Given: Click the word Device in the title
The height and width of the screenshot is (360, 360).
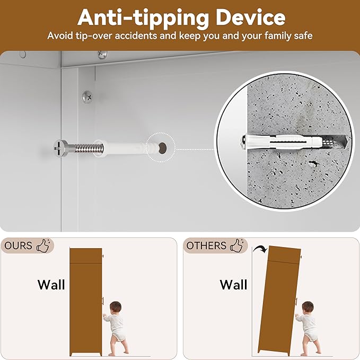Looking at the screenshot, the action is [250, 17].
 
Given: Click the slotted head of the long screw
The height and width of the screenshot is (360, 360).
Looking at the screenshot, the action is [61, 148].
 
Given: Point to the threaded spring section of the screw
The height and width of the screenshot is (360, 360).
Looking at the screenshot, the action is [88, 148].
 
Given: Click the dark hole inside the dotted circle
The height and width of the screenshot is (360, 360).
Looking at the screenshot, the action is [162, 147].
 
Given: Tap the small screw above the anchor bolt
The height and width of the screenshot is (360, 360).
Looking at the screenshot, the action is [87, 96].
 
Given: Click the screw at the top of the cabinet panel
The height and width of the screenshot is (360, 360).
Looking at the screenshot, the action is [102, 55].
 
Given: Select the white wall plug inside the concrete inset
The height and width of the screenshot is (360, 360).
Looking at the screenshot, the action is [284, 142].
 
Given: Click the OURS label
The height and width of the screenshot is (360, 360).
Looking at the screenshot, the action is [19, 245].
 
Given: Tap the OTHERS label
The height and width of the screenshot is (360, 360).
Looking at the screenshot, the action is [206, 245].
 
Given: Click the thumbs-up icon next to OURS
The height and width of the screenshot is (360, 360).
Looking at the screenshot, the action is [43, 245].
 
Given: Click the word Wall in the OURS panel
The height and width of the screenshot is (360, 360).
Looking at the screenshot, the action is [51, 285].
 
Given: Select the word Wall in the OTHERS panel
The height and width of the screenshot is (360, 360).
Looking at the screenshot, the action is [233, 285].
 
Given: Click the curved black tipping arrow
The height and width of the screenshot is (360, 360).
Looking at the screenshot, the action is [260, 248].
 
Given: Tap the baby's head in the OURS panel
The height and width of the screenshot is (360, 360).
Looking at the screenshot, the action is [116, 307].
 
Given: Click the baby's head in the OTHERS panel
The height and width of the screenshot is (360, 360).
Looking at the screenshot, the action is [308, 307].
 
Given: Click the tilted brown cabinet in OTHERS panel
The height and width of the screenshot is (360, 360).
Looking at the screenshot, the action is [279, 301].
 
